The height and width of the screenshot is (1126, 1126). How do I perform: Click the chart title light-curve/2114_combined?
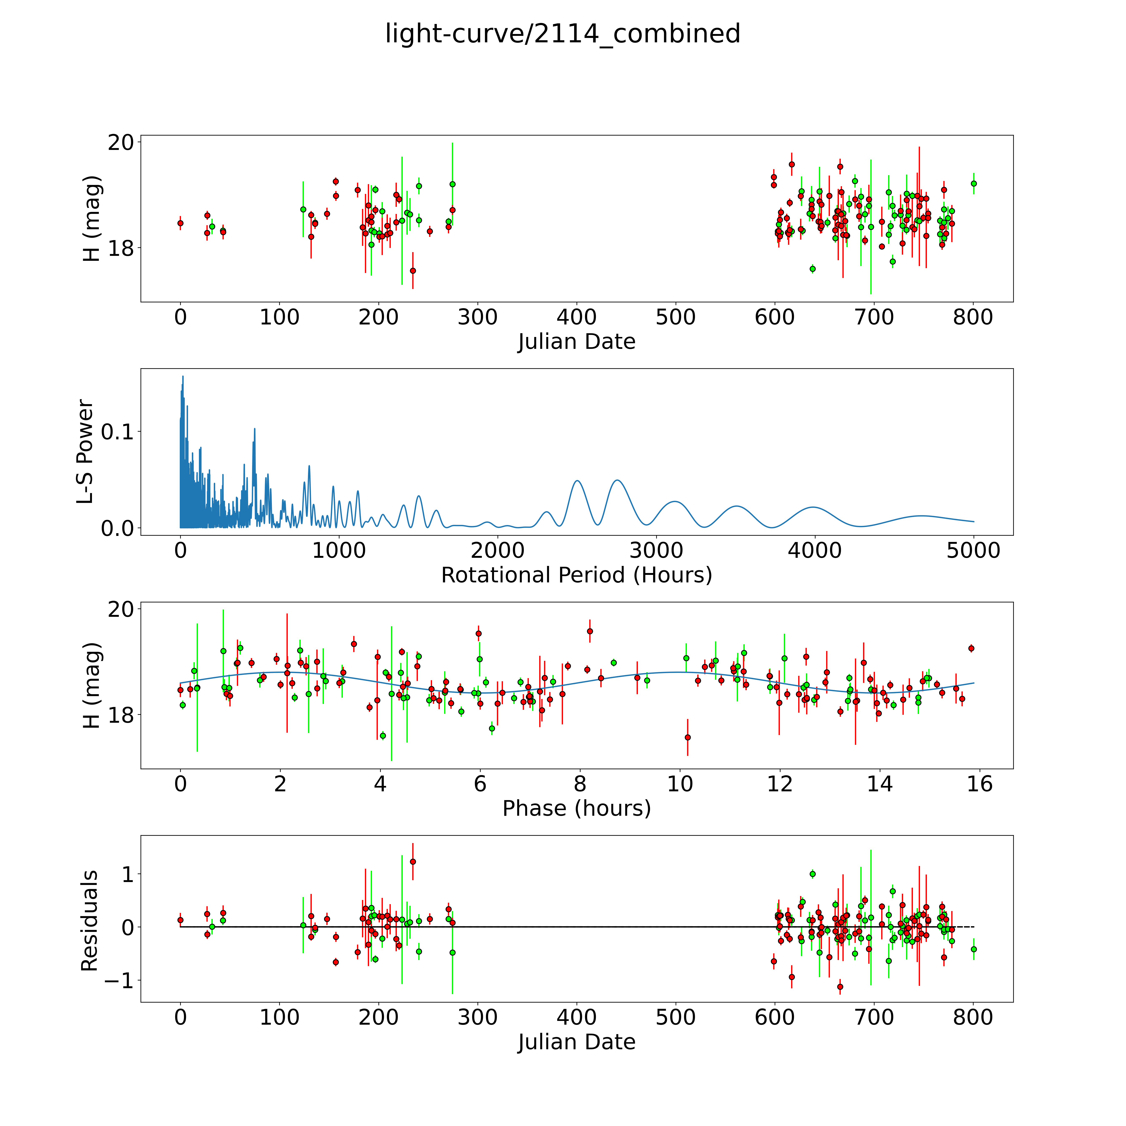[562, 34]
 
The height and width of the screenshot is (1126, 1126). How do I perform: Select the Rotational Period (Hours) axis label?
[576, 575]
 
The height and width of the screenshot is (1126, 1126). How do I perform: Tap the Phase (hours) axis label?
[576, 808]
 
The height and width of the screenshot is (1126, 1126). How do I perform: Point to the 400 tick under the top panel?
[576, 318]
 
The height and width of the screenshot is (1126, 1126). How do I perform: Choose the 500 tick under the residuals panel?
[675, 1018]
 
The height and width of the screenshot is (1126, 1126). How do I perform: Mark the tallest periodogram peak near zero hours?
[182, 377]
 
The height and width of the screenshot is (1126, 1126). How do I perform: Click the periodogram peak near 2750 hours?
[617, 480]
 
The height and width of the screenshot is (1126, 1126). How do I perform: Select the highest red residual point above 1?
[413, 861]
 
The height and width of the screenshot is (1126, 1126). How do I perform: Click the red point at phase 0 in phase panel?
[181, 690]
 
